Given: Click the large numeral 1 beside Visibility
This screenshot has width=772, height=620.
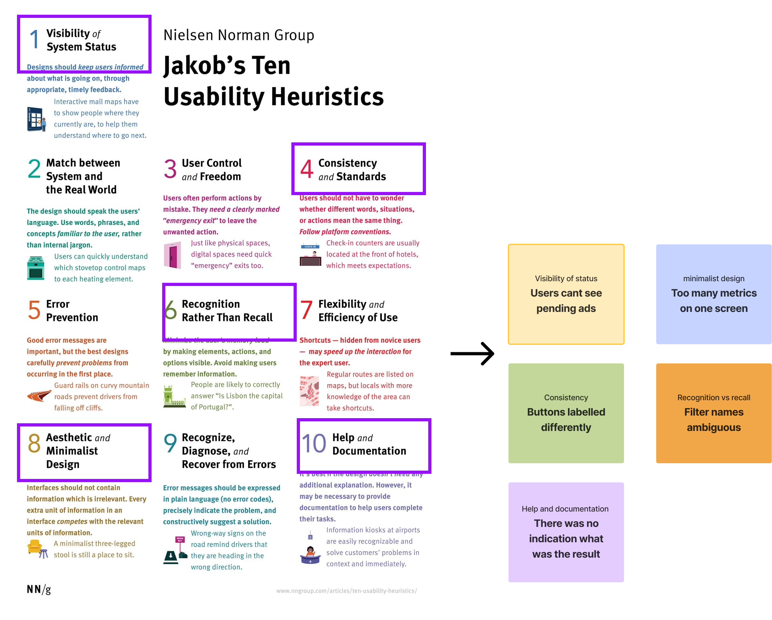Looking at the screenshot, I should pyautogui.click(x=34, y=39).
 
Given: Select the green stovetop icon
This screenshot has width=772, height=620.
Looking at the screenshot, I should pyautogui.click(x=35, y=267).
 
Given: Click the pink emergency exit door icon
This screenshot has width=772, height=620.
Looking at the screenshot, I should pyautogui.click(x=172, y=255).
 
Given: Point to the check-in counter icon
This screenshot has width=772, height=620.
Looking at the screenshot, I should pyautogui.click(x=310, y=255).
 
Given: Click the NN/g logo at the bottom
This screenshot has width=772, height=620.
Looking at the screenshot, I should pyautogui.click(x=39, y=589).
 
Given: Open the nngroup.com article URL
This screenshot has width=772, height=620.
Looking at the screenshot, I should pyautogui.click(x=346, y=591).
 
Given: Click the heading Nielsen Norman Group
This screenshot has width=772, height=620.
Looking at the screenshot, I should pyautogui.click(x=239, y=35).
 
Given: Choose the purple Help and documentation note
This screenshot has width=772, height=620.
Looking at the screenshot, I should pyautogui.click(x=566, y=533).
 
